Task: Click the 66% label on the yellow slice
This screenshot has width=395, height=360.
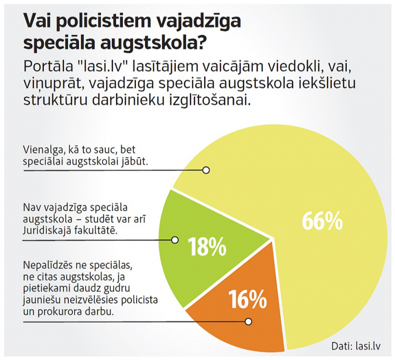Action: [x=322, y=221]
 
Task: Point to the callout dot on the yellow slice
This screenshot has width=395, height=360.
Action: [x=206, y=170]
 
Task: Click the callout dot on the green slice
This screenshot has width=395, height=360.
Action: [x=175, y=240]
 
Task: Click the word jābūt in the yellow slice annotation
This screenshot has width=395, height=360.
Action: [x=134, y=162]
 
